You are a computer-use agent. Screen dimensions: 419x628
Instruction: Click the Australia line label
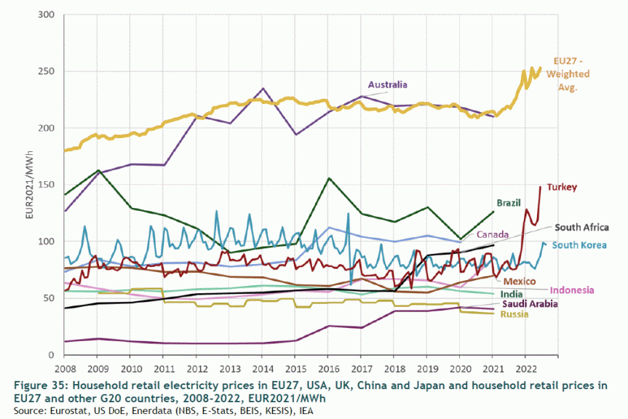point(387,85)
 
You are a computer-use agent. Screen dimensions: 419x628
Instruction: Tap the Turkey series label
point(562,187)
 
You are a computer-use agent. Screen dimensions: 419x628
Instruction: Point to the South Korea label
point(579,245)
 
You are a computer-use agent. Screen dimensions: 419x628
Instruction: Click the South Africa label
point(581,227)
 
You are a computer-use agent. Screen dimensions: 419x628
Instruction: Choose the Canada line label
point(493,234)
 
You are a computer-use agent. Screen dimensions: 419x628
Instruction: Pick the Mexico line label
point(520,281)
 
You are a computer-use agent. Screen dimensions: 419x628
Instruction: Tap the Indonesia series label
point(580,290)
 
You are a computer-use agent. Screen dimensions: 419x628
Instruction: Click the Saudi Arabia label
point(530,303)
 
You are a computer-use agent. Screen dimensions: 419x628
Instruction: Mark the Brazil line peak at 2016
point(329,177)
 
